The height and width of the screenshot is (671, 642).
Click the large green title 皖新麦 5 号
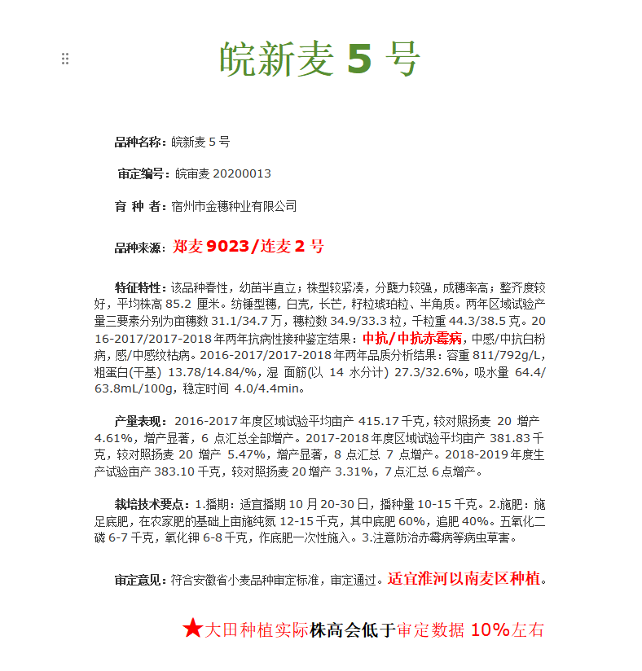click(319, 59)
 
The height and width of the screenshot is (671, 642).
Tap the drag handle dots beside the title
click(65, 59)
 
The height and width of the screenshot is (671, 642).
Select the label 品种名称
click(140, 142)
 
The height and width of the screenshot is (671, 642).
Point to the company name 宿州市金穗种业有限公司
click(234, 206)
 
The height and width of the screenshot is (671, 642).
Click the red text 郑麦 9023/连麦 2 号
click(248, 246)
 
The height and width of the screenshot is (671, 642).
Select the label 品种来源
click(140, 248)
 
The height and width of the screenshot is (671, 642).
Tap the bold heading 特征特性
click(140, 288)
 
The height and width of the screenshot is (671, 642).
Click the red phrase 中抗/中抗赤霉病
click(412, 338)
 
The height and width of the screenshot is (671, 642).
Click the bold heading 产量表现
click(140, 421)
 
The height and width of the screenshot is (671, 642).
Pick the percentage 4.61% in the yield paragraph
click(112, 437)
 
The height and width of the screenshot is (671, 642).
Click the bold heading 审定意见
click(140, 580)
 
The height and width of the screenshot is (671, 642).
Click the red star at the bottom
click(192, 628)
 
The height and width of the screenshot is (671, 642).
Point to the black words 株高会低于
click(353, 629)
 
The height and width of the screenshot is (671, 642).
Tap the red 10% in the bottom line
click(490, 629)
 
